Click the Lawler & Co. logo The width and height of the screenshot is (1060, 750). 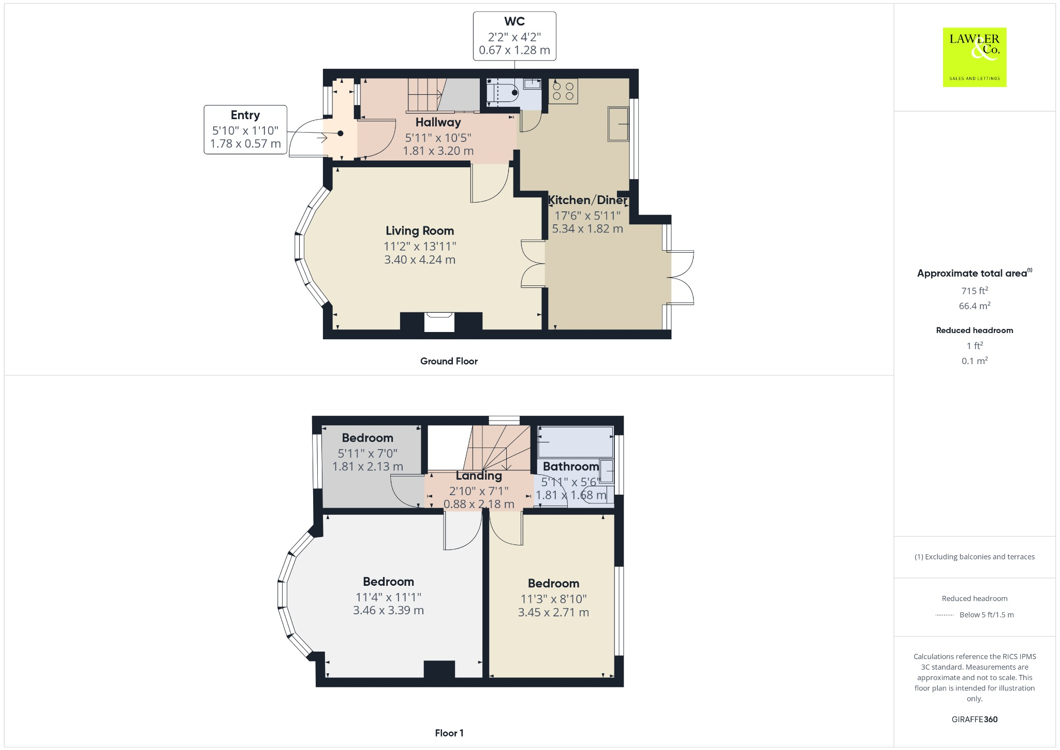[974, 57]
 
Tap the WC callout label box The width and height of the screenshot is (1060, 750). [514, 36]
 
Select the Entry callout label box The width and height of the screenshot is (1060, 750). [245, 129]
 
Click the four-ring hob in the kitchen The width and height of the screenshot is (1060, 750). [563, 91]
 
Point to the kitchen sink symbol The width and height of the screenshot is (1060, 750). [618, 124]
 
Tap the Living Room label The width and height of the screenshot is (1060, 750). [419, 231]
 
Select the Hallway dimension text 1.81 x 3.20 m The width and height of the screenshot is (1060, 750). [438, 151]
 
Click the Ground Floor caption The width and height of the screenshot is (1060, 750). [449, 361]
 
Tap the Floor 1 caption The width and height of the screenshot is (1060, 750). [449, 733]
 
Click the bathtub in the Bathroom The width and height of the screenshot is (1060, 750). [576, 442]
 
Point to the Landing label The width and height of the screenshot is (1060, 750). [479, 475]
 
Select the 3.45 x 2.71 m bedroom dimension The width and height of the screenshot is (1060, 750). [553, 612]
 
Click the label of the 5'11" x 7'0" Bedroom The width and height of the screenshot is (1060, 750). [367, 438]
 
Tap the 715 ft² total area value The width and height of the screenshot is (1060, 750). [974, 291]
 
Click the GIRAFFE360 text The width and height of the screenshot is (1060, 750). [974, 719]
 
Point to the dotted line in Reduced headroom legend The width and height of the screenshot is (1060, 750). [945, 615]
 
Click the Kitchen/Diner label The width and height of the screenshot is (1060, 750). [587, 200]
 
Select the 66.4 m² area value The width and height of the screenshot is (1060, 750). [974, 306]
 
